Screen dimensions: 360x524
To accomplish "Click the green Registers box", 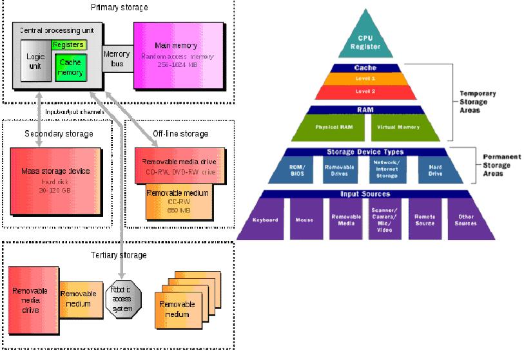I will coord(69,45).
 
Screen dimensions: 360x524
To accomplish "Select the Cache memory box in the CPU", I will coord(69,68).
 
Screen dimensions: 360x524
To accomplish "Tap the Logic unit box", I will coord(35,61).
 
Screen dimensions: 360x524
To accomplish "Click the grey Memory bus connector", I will coord(117,59).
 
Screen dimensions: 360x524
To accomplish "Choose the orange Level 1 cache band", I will coord(365,79).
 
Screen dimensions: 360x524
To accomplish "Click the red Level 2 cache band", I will coord(365,91).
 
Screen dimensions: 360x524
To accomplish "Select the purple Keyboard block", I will coord(265,220).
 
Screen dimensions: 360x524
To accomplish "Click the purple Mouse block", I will coord(305,220).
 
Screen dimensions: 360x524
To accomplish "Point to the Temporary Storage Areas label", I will coord(474,102).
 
